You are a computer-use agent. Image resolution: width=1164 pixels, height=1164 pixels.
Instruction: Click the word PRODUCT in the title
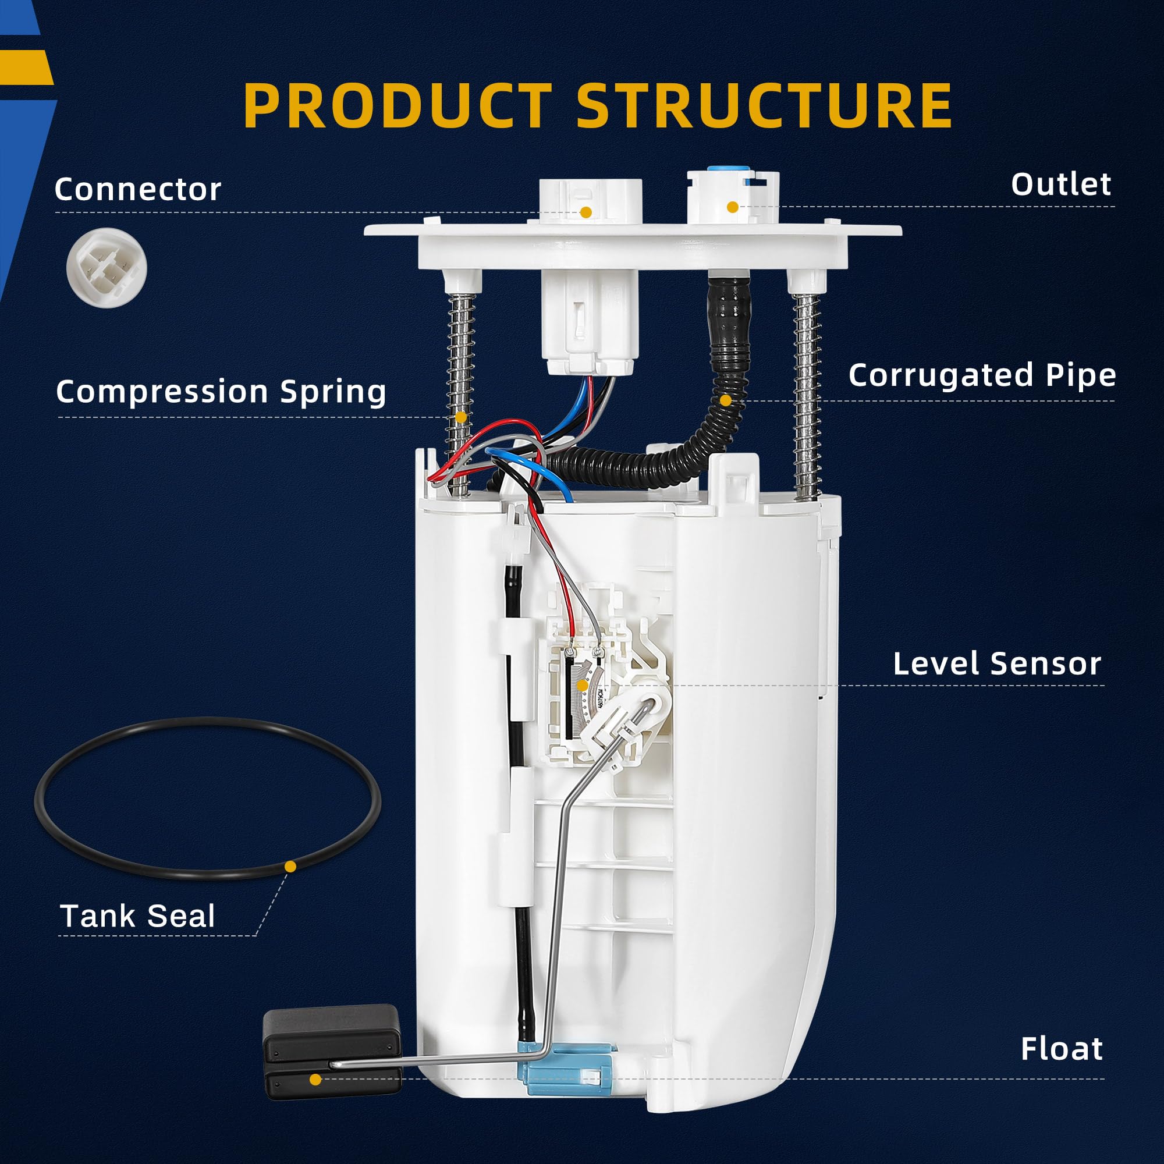pyautogui.click(x=397, y=105)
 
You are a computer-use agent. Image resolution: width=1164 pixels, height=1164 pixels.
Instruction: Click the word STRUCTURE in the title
pyautogui.click(x=764, y=105)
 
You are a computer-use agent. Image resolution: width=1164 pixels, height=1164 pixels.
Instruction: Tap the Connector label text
pyautogui.click(x=138, y=189)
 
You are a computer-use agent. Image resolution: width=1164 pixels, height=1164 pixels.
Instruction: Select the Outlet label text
pyautogui.click(x=1061, y=184)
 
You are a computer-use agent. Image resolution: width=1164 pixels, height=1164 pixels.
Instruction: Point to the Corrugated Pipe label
pyautogui.click(x=982, y=375)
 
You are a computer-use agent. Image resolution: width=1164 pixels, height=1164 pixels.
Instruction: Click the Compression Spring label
pyautogui.click(x=221, y=392)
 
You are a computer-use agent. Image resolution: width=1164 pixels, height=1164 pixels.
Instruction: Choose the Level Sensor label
pyautogui.click(x=997, y=664)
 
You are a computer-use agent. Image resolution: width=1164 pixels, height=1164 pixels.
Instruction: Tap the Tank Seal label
pyautogui.click(x=137, y=917)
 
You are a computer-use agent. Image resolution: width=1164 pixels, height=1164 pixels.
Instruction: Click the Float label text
pyautogui.click(x=1062, y=1049)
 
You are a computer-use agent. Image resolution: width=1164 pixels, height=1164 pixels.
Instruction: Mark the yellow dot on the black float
pyautogui.click(x=315, y=1079)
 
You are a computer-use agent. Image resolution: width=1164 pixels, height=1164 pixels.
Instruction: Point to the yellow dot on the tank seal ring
pyautogui.click(x=290, y=867)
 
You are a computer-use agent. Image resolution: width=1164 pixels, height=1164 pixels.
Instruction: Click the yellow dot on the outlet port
pyautogui.click(x=732, y=207)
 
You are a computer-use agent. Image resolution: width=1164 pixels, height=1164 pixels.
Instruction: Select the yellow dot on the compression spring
pyautogui.click(x=461, y=417)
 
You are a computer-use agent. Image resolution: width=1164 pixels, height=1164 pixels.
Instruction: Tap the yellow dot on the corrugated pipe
pyautogui.click(x=725, y=400)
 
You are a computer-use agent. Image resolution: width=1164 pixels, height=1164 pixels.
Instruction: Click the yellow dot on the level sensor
pyautogui.click(x=582, y=686)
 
